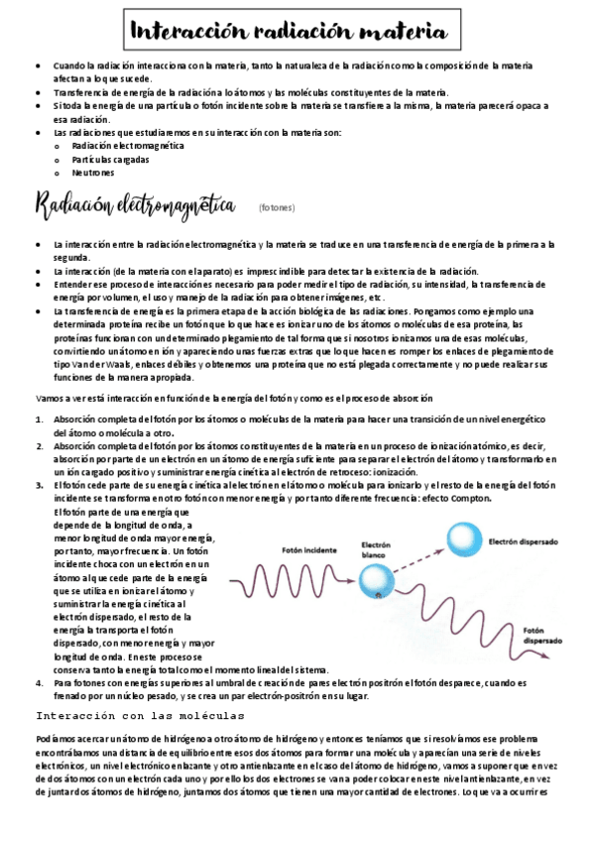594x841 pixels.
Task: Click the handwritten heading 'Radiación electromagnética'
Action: (136, 207)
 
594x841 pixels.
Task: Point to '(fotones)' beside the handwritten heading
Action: (277, 209)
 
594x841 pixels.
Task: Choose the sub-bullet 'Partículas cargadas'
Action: (111, 159)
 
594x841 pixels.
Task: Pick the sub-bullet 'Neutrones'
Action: (93, 172)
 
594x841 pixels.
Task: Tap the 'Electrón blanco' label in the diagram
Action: (378, 549)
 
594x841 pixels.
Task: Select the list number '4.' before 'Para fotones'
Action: (39, 683)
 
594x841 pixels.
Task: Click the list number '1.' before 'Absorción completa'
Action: (39, 420)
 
